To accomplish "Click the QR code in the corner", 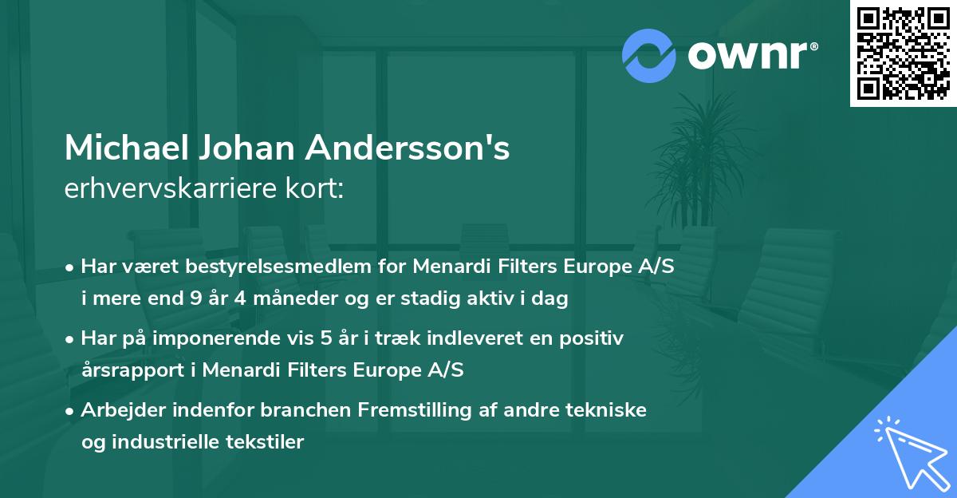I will [904, 53].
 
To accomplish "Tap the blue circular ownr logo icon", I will [648, 55].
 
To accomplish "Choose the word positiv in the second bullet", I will [594, 338].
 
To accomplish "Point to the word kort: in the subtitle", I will [319, 189].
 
